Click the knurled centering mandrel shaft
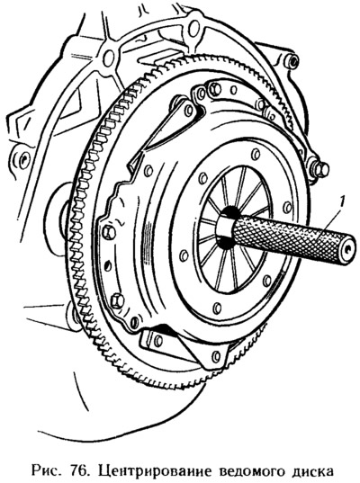[292, 237]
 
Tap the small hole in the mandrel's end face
[347, 250]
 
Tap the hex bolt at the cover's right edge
[320, 169]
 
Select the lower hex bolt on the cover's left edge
[117, 300]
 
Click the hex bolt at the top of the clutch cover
[215, 89]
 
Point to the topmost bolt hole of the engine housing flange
[193, 27]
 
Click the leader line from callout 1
[327, 225]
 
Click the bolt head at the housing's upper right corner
[292, 60]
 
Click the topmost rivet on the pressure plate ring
[256, 155]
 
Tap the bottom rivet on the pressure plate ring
[217, 308]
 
